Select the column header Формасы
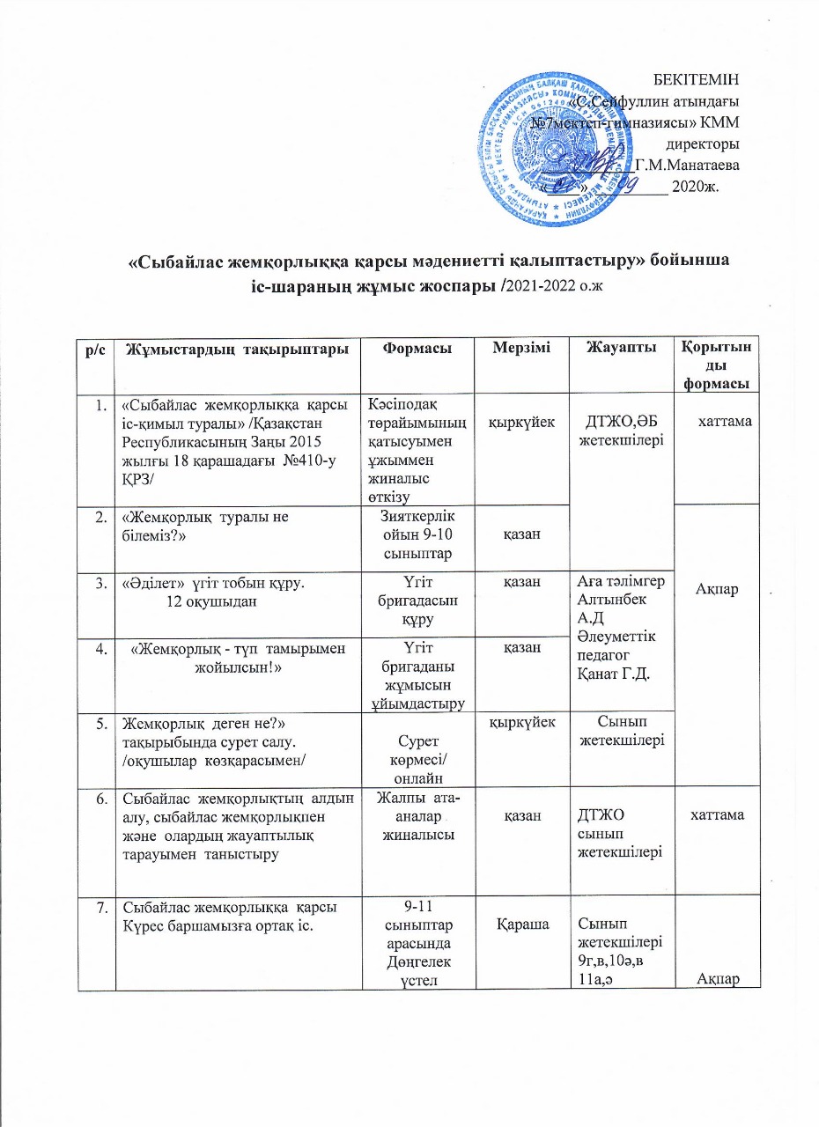click(x=419, y=350)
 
